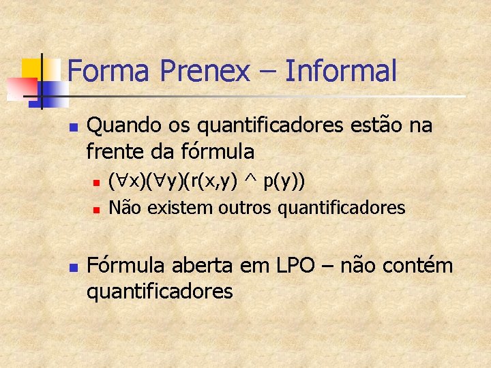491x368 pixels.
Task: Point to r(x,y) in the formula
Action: tap(211, 182)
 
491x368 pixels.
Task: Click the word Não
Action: tap(123, 206)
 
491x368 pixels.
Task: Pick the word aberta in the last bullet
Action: tap(211, 265)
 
